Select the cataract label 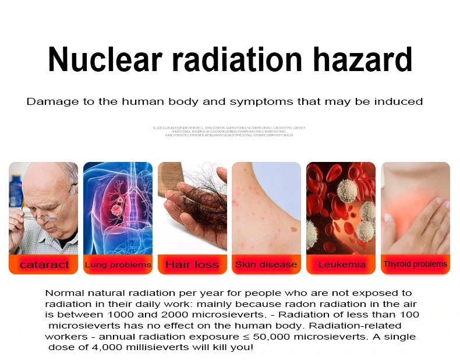tap(44, 264)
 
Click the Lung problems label tap(118, 264)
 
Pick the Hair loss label tap(192, 264)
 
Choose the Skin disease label tap(266, 264)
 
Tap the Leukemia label tap(342, 264)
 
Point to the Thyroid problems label tap(415, 264)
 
